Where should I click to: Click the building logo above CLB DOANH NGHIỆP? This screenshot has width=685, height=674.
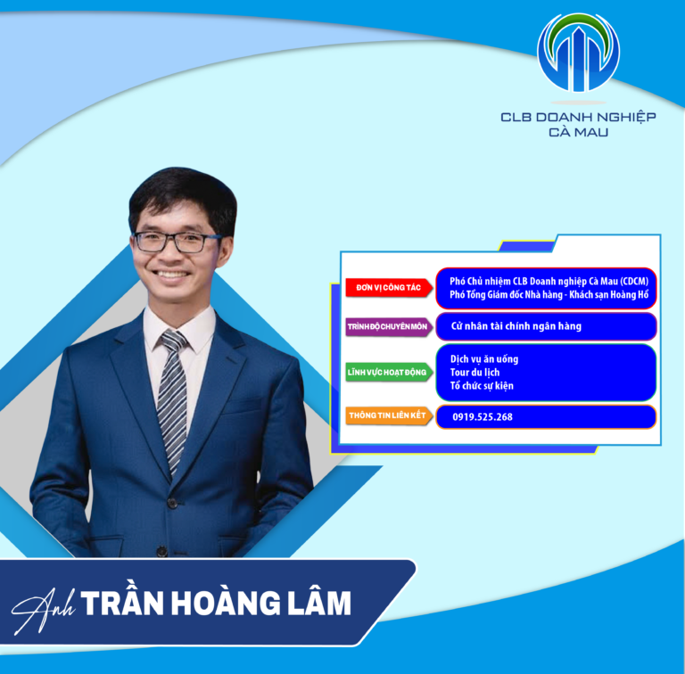pyautogui.click(x=578, y=53)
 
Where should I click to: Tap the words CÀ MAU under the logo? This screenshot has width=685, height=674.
pyautogui.click(x=578, y=132)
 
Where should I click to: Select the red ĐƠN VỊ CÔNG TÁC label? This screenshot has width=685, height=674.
pyautogui.click(x=388, y=288)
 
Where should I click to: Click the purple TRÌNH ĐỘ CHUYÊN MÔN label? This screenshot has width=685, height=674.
pyautogui.click(x=388, y=327)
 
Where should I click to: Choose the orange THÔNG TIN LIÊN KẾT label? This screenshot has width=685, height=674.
pyautogui.click(x=388, y=415)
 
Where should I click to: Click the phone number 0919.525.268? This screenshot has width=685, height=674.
pyautogui.click(x=482, y=416)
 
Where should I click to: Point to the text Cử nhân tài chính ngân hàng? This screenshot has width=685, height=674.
pyautogui.click(x=516, y=326)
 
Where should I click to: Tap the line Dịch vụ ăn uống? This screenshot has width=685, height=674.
pyautogui.click(x=483, y=358)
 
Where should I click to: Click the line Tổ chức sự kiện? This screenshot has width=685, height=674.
pyautogui.click(x=482, y=386)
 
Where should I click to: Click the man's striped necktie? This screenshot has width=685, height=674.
pyautogui.click(x=171, y=392)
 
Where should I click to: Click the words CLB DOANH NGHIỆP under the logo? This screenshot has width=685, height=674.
pyautogui.click(x=578, y=117)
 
